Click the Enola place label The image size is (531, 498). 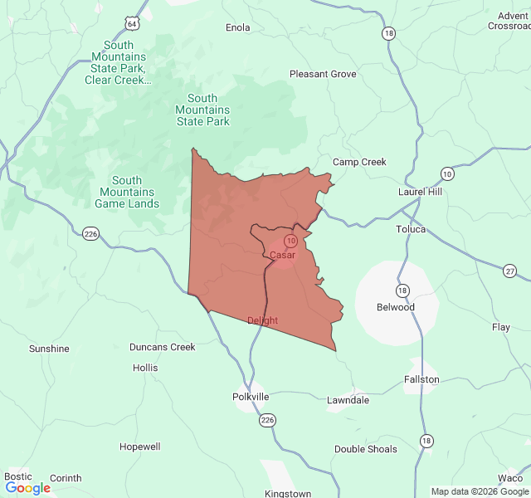click(238, 27)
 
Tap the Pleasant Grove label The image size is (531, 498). click(323, 74)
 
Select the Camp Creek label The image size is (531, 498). click(359, 162)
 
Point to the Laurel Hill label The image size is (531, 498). click(421, 192)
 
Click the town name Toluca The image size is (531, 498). click(411, 229)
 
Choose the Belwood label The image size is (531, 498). click(396, 307)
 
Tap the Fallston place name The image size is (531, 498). click(421, 379)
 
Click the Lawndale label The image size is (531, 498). click(348, 400)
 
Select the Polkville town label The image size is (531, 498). click(251, 397)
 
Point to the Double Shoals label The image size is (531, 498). click(366, 449)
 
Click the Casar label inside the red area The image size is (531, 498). click(282, 255)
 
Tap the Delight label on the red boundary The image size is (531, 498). click(262, 320)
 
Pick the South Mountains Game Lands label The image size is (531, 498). click(127, 192)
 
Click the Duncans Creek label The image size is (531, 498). click(163, 347)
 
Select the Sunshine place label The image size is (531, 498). click(49, 349)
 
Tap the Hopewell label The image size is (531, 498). click(139, 447)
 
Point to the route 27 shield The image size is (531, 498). click(509, 271)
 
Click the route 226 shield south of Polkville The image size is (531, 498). click(267, 421)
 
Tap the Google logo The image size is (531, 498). click(27, 488)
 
